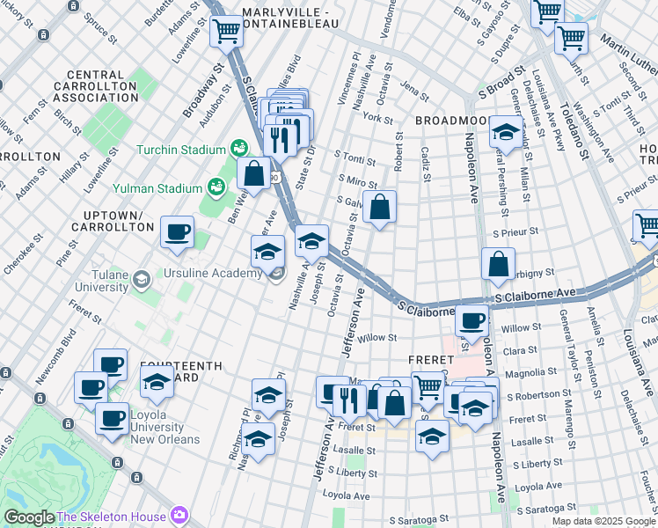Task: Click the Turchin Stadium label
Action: click(x=181, y=149)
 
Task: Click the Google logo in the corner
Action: click(x=28, y=517)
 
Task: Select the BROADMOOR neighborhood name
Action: click(x=450, y=120)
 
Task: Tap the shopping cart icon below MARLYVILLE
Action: click(x=227, y=32)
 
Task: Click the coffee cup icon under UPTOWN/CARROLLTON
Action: click(x=178, y=232)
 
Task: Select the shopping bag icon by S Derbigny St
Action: click(x=498, y=264)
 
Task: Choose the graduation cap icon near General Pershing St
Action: click(x=506, y=132)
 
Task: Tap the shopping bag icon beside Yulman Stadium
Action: click(x=253, y=173)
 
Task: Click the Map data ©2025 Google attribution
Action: click(x=603, y=521)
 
